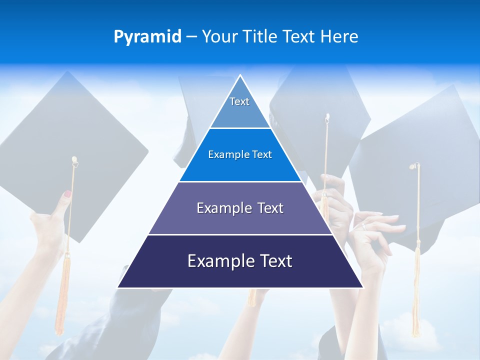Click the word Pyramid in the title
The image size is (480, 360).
coord(147,37)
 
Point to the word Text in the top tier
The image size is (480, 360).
coord(239,101)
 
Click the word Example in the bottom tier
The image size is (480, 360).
coord(216,261)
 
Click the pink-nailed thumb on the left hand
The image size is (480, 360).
coord(66,195)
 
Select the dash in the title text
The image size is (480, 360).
coord(191,37)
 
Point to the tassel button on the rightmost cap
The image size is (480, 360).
coord(415,166)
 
